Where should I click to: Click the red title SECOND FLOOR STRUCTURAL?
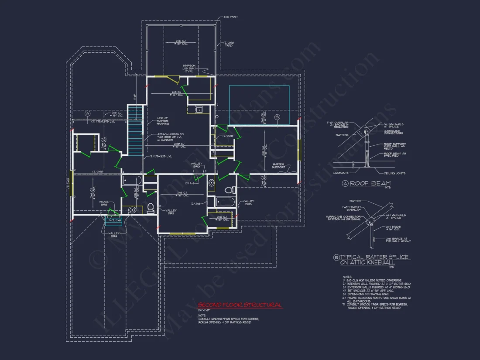(240, 305)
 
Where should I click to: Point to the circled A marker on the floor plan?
(87, 113)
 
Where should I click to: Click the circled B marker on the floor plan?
(277, 117)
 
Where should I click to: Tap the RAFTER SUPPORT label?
(279, 166)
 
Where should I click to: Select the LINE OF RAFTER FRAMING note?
(163, 121)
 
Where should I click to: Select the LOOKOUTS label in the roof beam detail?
(342, 173)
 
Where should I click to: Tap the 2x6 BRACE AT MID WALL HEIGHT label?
(396, 240)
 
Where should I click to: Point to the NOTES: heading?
(347, 277)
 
